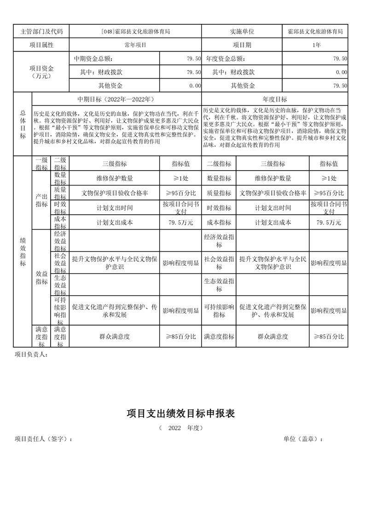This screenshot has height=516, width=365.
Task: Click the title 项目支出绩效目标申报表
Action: tap(181, 413)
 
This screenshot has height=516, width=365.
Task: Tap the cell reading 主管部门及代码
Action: tap(41, 32)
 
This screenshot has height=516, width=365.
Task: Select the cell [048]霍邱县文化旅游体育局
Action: tap(135, 32)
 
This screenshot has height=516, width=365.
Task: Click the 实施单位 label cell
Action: tap(242, 32)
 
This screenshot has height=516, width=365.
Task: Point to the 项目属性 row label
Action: tap(41, 45)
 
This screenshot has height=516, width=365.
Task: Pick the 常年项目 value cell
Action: tap(135, 45)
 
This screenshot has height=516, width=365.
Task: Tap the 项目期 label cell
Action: tap(242, 45)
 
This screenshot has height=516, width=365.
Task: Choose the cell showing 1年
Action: tap(316, 45)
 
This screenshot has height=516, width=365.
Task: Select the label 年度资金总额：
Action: tap(226, 59)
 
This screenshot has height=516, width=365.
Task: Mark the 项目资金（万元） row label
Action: tap(41, 72)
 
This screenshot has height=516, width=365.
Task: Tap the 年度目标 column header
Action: tap(275, 99)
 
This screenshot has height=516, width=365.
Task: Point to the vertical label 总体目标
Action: tap(23, 124)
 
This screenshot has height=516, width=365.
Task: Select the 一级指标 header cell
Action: tap(41, 164)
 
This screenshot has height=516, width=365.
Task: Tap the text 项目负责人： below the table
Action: tap(31, 355)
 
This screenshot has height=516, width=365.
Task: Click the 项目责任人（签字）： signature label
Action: tap(43, 439)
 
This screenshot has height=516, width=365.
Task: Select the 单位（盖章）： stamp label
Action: tap(303, 439)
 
